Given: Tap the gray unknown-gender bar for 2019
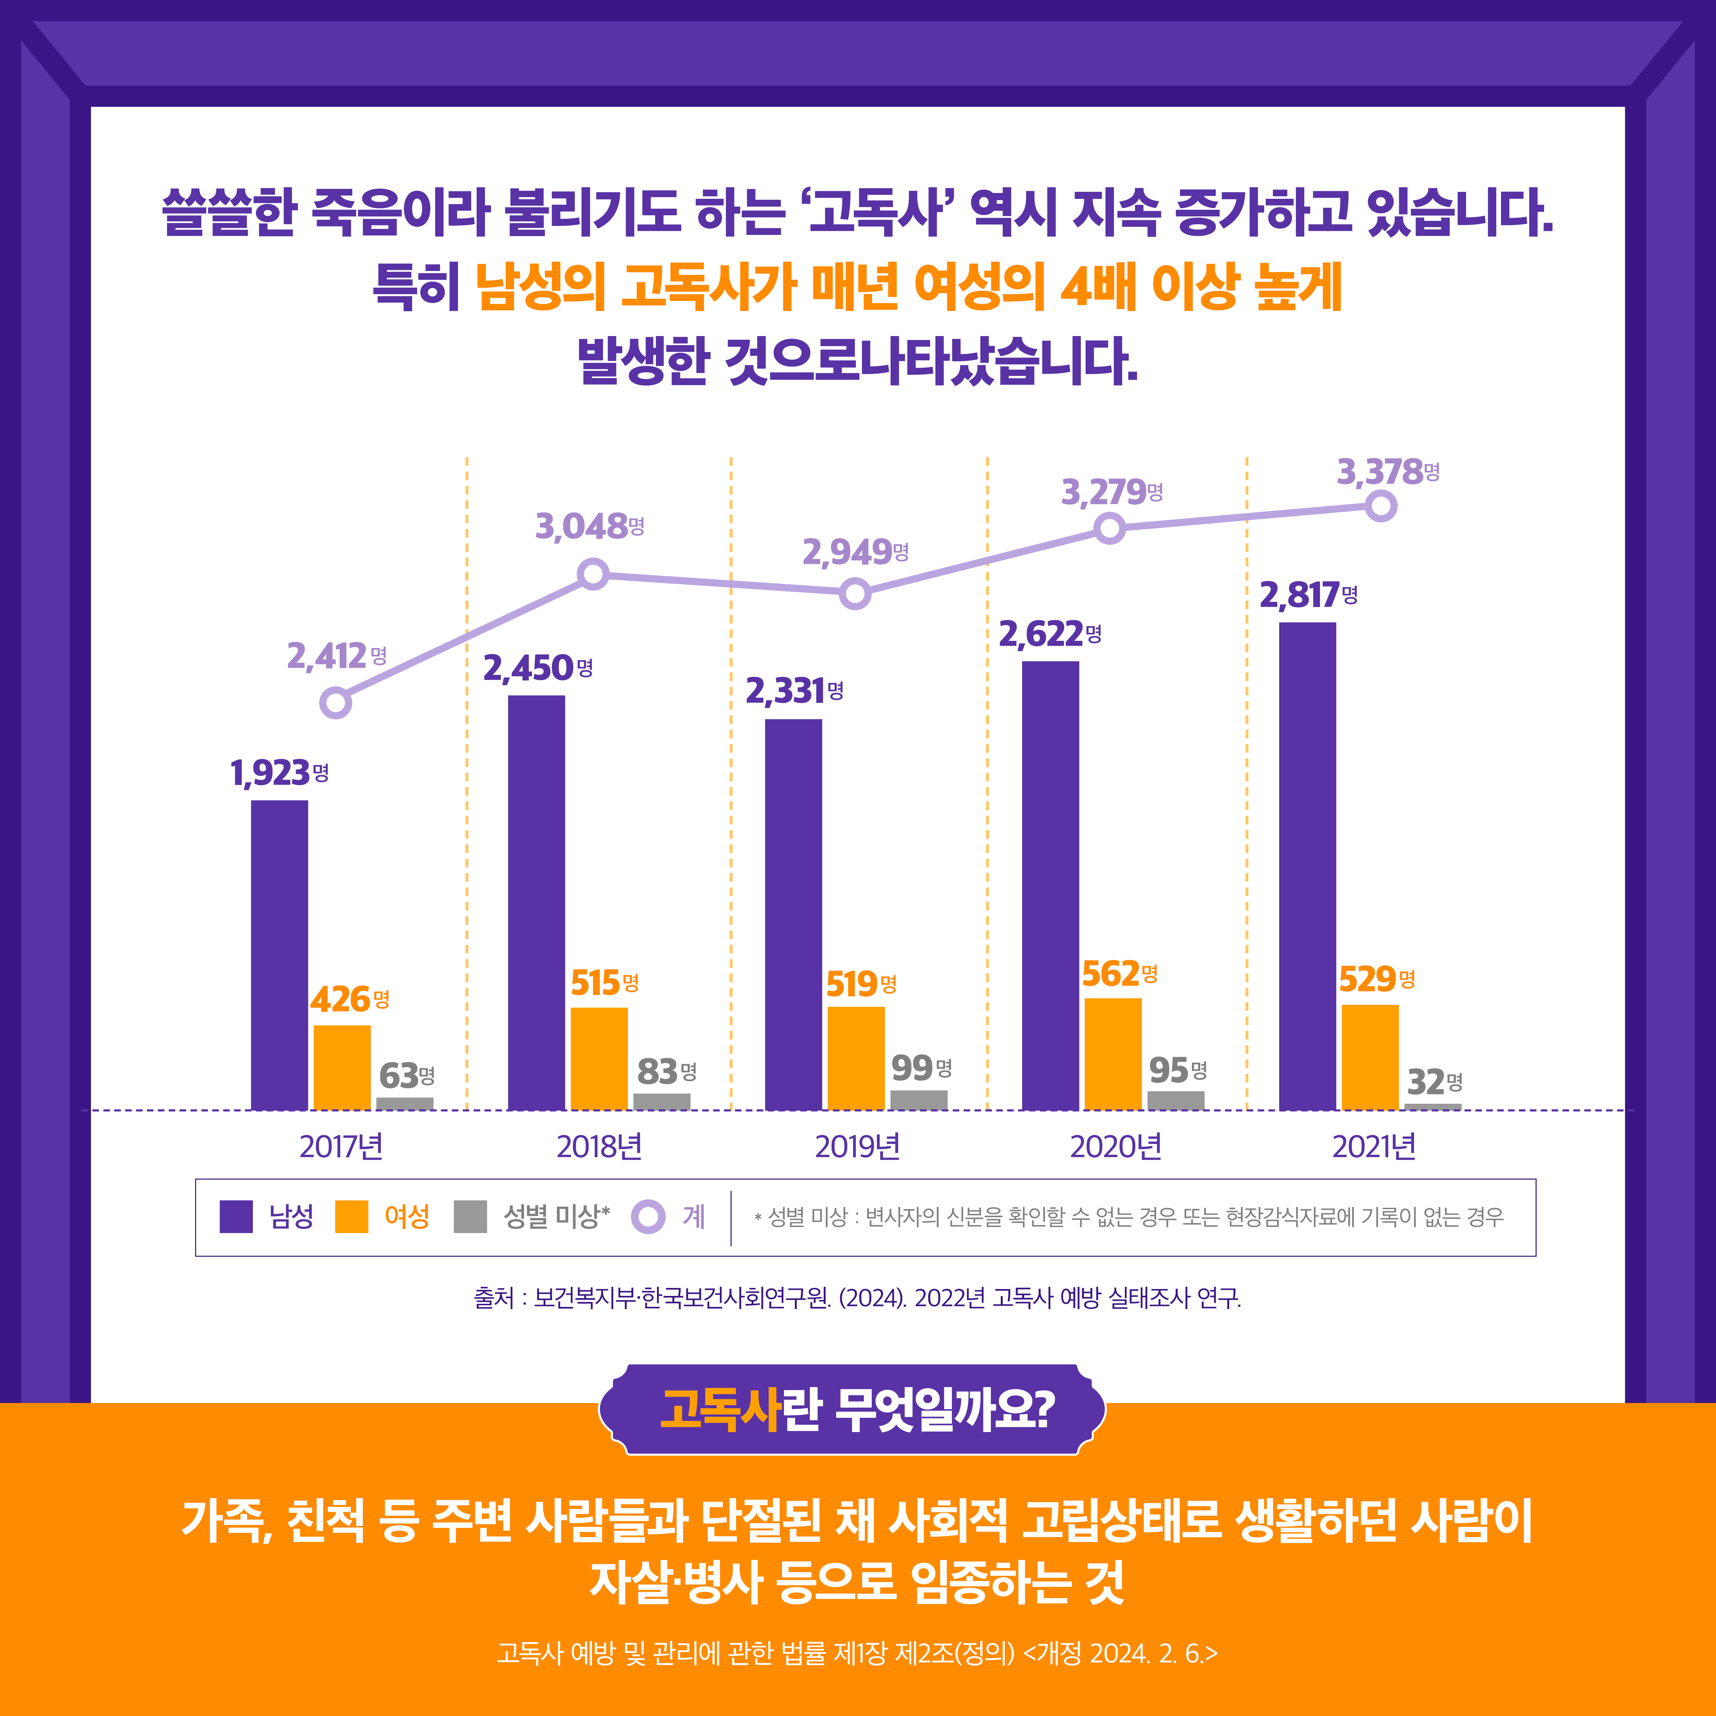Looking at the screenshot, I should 918,1100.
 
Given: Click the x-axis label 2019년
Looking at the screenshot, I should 857,1147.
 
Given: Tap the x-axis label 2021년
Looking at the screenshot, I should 1373,1147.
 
